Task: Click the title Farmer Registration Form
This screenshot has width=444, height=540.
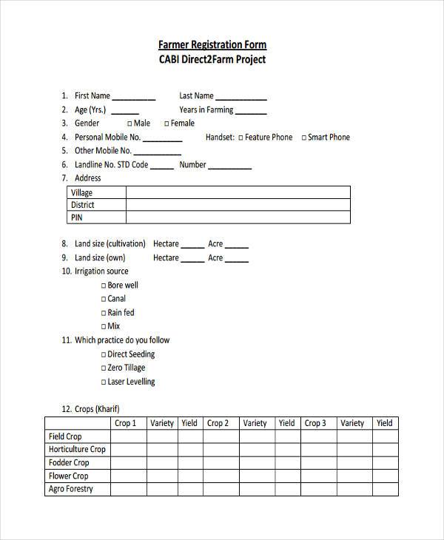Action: (212, 44)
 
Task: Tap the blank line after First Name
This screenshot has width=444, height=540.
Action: (133, 97)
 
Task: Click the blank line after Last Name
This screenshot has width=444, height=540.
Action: (240, 97)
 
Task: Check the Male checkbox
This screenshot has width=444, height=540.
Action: (130, 124)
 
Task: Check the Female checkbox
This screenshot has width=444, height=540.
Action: (166, 124)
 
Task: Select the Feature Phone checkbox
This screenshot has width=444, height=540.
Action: (240, 138)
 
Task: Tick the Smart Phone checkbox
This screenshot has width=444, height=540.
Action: (303, 138)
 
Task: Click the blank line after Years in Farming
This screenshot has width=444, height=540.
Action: (252, 111)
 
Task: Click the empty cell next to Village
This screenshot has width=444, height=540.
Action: (238, 193)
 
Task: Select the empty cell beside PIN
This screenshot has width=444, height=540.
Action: (238, 217)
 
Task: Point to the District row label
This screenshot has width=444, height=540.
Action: (83, 205)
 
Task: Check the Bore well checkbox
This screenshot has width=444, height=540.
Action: (104, 286)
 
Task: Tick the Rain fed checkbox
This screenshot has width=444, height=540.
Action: (104, 313)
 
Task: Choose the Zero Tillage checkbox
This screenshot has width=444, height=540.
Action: (104, 368)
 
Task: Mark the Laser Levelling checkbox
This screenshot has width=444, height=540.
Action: (104, 382)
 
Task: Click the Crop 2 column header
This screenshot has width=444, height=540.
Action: (218, 423)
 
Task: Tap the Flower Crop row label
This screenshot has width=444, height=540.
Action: (69, 476)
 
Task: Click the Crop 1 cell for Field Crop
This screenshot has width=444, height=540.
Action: (124, 436)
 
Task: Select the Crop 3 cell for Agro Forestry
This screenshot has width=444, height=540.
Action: (316, 489)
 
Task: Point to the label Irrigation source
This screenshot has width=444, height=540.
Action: (101, 271)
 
